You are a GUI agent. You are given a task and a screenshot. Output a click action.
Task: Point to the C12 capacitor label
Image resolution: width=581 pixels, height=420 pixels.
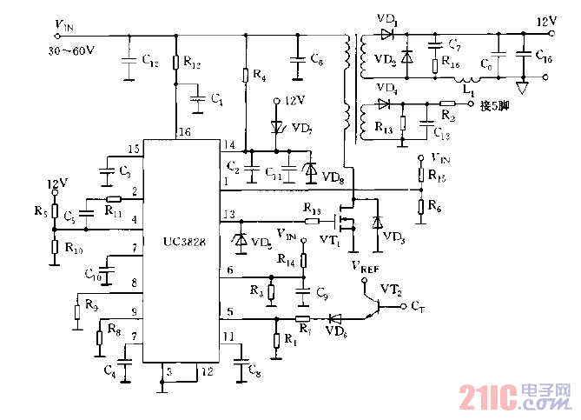[x=149, y=63]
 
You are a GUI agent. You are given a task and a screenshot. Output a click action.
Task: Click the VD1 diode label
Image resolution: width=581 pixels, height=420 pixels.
[x=387, y=18]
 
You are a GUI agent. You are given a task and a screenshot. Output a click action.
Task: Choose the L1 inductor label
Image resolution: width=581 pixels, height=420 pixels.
[x=468, y=90]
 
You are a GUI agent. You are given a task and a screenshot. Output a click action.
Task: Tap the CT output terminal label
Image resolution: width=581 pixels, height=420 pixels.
[x=418, y=307]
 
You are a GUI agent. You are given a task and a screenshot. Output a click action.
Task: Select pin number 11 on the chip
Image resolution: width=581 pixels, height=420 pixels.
[x=228, y=335]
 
